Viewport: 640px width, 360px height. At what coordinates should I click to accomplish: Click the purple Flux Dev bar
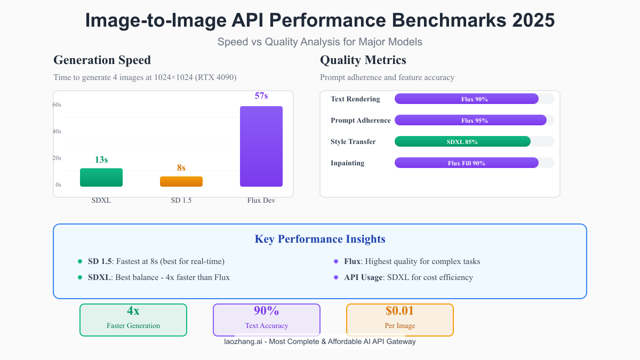pyautogui.click(x=261, y=146)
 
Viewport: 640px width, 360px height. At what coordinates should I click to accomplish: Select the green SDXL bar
pyautogui.click(x=101, y=178)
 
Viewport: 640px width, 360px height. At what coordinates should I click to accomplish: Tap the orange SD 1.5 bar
pyautogui.click(x=181, y=181)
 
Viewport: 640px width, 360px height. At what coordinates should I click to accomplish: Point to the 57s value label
pyautogui.click(x=261, y=96)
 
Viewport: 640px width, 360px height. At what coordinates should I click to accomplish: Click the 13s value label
pyautogui.click(x=101, y=159)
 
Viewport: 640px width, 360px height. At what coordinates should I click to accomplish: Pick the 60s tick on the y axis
pyautogui.click(x=57, y=105)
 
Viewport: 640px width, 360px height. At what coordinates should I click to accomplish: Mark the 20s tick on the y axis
pyautogui.click(x=57, y=158)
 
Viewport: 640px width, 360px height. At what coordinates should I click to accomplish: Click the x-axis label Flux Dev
pyautogui.click(x=261, y=201)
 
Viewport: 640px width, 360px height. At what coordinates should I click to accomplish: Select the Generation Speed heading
pyautogui.click(x=102, y=60)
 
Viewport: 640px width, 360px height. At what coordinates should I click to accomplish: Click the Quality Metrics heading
pyautogui.click(x=363, y=60)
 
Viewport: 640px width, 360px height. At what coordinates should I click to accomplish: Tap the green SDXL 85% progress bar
pyautogui.click(x=462, y=141)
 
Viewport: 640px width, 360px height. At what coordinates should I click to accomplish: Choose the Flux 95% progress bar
pyautogui.click(x=470, y=120)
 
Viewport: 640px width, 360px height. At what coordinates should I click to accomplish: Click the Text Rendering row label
pyautogui.click(x=355, y=99)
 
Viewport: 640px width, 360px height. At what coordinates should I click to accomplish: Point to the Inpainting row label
pyautogui.click(x=347, y=163)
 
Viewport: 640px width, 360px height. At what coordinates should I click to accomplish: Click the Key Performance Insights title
pyautogui.click(x=320, y=239)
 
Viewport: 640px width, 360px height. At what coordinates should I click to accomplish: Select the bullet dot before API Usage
pyautogui.click(x=336, y=277)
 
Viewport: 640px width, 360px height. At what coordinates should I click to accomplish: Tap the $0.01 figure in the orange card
pyautogui.click(x=399, y=311)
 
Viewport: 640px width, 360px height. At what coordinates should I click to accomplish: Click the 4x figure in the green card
pyautogui.click(x=133, y=311)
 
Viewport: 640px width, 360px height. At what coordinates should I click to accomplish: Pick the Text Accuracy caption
pyautogui.click(x=267, y=325)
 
